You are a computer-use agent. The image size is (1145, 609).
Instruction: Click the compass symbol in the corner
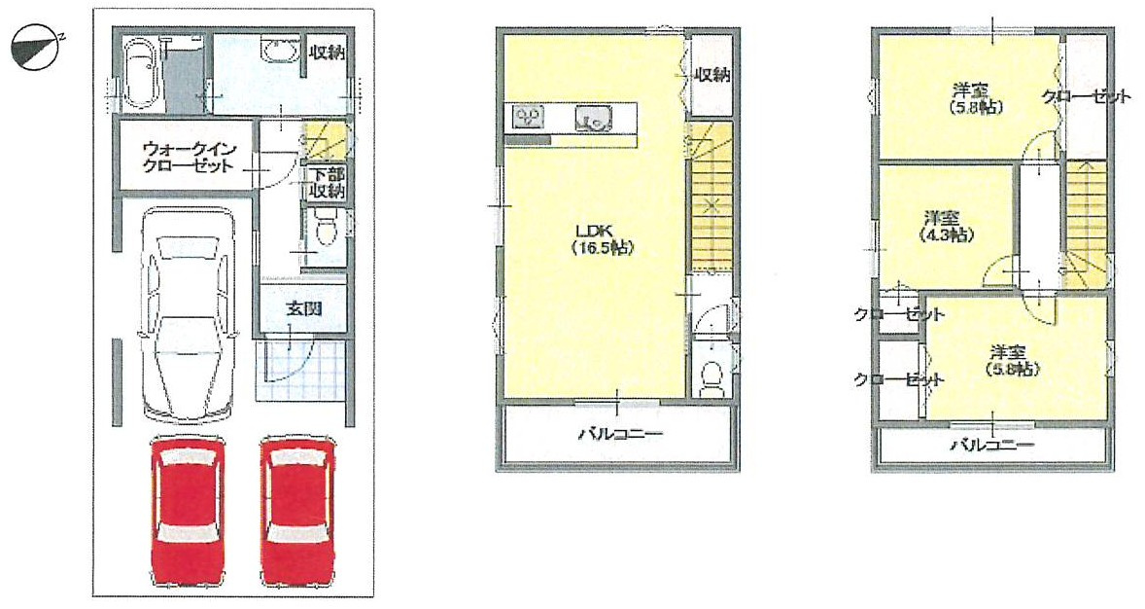(x=37, y=49)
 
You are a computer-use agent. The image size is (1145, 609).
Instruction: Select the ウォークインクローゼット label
(x=189, y=158)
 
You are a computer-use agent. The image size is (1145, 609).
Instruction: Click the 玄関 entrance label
(x=304, y=308)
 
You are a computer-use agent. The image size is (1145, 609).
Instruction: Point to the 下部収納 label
(x=326, y=183)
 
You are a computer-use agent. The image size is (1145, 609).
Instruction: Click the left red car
(x=188, y=511)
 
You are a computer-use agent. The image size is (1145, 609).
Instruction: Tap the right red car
(x=298, y=511)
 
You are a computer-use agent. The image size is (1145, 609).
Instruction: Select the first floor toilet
(x=327, y=227)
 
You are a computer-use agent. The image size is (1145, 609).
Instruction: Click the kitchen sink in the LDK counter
(x=593, y=117)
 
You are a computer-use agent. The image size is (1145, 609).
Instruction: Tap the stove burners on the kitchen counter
(x=528, y=116)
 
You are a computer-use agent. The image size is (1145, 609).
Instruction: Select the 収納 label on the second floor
(x=711, y=75)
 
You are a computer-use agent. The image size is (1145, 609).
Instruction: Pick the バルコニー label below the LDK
(x=621, y=434)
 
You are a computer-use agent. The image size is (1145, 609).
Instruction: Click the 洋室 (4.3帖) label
(x=946, y=227)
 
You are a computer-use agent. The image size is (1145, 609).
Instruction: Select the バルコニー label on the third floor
(x=992, y=445)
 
